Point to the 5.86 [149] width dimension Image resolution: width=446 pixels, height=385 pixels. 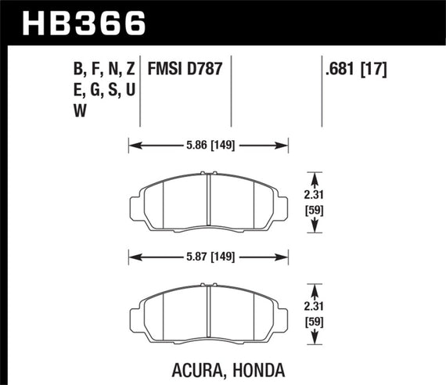coord(208,145)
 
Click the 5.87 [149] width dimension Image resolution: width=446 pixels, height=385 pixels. coord(208,255)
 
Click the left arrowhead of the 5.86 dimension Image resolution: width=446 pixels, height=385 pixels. coord(132,145)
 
